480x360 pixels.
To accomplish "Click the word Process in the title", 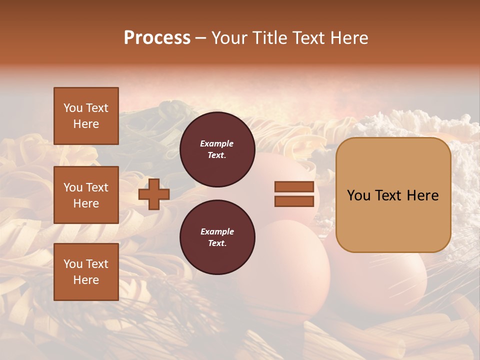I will (x=157, y=37).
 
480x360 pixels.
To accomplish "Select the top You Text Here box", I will (x=86, y=116).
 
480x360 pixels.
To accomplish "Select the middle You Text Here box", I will (x=86, y=195).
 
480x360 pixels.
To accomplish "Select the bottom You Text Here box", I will (x=86, y=272).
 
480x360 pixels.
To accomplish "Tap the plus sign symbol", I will (x=154, y=194).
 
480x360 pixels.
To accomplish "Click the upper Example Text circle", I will (x=217, y=149).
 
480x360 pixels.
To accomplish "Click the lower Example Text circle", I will (x=217, y=237).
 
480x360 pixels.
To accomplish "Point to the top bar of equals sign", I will (x=294, y=187).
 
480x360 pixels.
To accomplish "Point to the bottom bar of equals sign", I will (x=294, y=201).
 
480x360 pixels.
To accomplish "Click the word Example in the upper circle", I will (x=217, y=144).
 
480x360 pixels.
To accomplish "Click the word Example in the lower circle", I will (x=217, y=231).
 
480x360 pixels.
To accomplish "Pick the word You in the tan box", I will (x=359, y=195).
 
